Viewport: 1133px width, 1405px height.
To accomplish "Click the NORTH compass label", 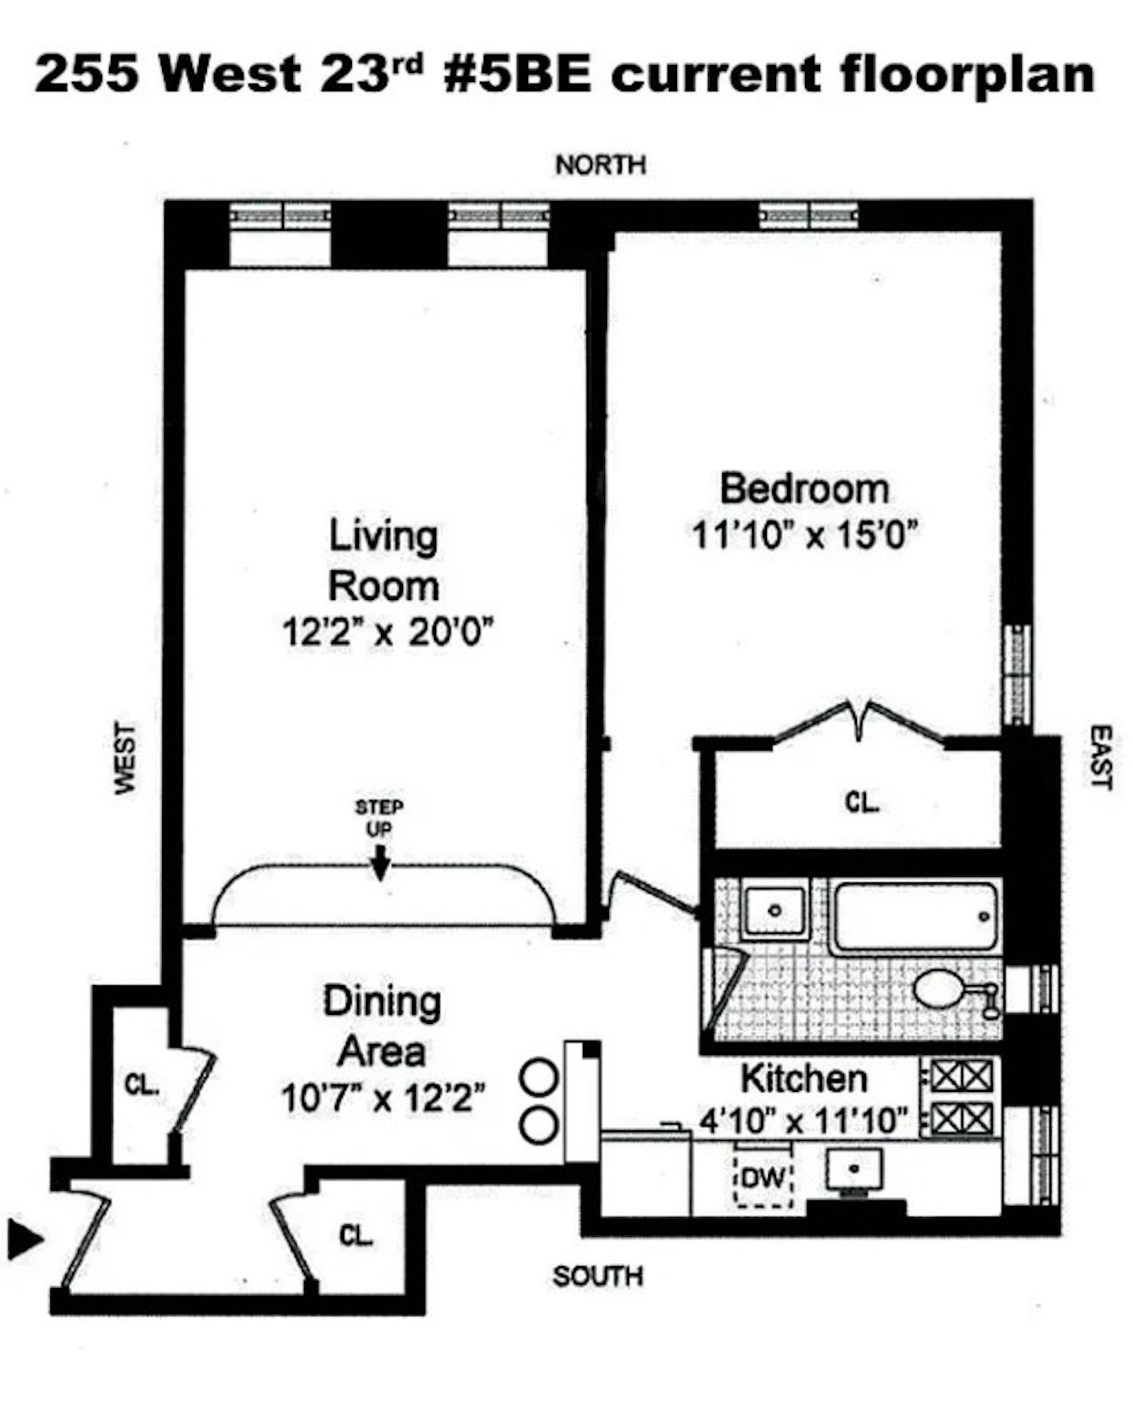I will [x=600, y=165].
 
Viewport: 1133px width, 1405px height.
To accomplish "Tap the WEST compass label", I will [x=125, y=758].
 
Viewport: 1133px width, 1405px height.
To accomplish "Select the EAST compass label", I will [x=1100, y=756].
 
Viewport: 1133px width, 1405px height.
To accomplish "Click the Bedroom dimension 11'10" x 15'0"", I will [x=804, y=535].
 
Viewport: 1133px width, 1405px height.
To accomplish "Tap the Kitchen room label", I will [x=804, y=1079].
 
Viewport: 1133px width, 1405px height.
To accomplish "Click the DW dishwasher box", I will [x=763, y=1178].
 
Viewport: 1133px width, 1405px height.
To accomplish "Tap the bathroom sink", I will [x=775, y=911].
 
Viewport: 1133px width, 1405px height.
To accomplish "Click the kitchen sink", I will [x=855, y=1169].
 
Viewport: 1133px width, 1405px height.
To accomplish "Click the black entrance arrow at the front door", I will [x=25, y=1239].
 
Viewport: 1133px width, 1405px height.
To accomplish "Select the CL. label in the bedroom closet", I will [x=861, y=802].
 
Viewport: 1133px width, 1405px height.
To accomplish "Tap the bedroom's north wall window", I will [x=808, y=215].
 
